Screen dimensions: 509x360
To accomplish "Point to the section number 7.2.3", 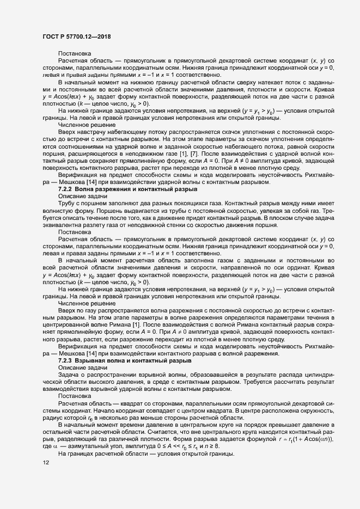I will tap(66, 360).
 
